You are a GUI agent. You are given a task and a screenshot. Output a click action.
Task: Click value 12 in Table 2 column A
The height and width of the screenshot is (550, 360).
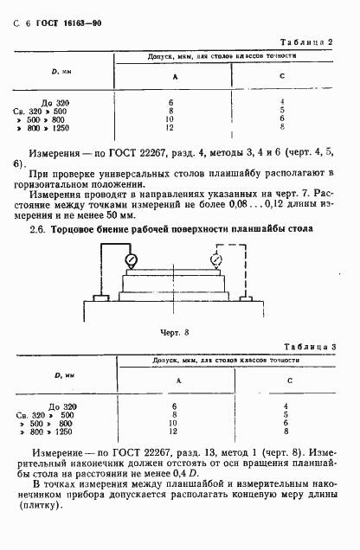tap(171, 128)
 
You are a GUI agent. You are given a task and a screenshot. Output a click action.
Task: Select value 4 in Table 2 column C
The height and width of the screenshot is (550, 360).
tap(282, 102)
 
